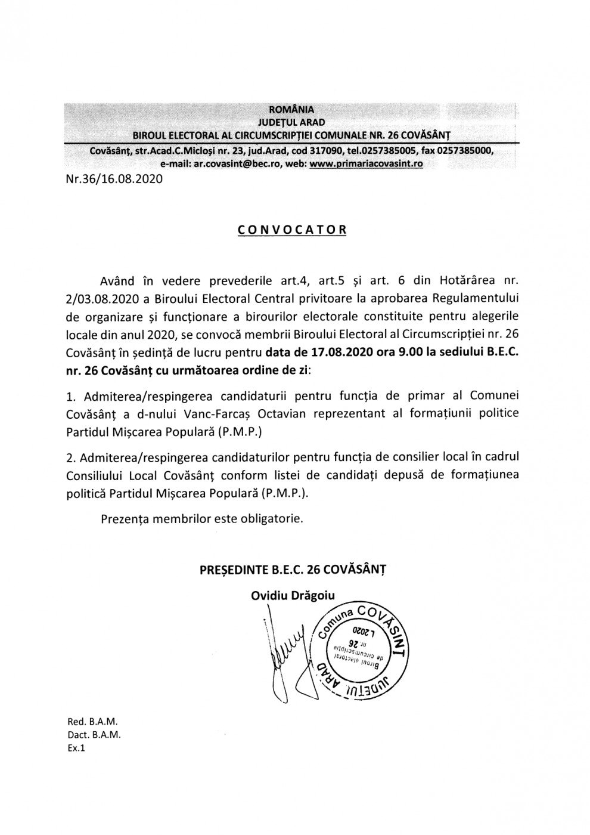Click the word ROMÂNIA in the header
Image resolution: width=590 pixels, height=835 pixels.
[x=291, y=109]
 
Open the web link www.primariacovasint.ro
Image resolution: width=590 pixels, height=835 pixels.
[x=366, y=163]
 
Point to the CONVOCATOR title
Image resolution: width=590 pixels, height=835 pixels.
[x=291, y=230]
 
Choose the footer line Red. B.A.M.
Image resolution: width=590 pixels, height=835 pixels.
[x=93, y=722]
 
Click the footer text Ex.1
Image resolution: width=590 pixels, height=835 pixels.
[x=76, y=748]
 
